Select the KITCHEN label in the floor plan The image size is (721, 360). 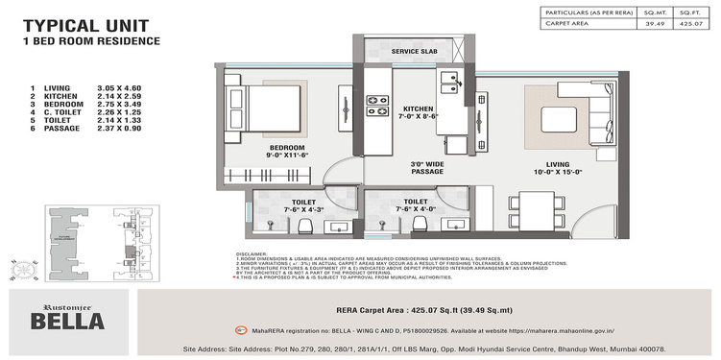pos(421,109)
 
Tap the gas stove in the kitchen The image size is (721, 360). pos(377,100)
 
